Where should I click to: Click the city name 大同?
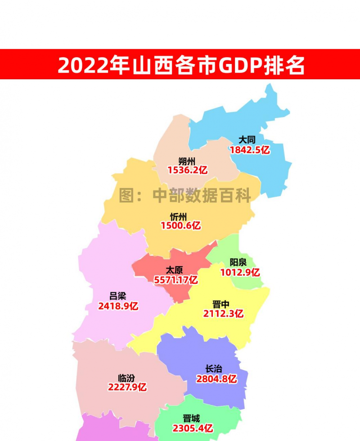tap(247, 140)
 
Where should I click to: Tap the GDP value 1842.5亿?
tap(250, 150)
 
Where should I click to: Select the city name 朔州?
tap(186, 160)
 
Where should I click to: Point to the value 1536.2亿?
tap(187, 170)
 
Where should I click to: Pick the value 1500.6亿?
tap(180, 226)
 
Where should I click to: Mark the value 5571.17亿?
tap(176, 280)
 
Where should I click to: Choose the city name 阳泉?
tap(238, 263)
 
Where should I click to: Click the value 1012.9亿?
tap(240, 273)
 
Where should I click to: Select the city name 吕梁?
tap(117, 296)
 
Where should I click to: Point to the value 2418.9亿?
tap(118, 306)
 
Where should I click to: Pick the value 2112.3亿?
tap(223, 314)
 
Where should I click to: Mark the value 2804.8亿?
tap(216, 379)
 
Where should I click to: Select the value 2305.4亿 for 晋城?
tap(192, 428)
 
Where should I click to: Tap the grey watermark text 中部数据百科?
tap(202, 195)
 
